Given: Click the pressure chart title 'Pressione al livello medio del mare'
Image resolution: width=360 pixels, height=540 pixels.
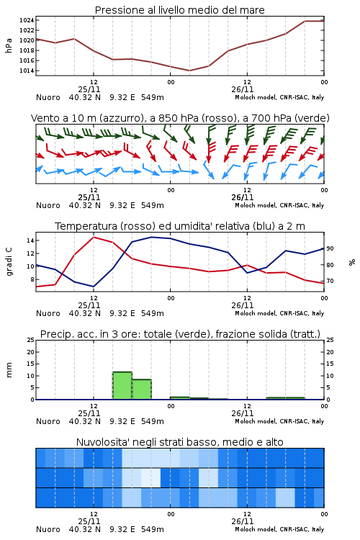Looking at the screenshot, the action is pos(179,10).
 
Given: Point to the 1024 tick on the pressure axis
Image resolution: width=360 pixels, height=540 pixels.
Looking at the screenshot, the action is pos(27,20).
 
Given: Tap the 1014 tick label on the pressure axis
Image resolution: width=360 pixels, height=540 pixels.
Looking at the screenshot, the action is pos(27,71).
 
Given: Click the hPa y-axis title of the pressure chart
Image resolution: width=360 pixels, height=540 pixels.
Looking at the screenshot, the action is pos(9,45).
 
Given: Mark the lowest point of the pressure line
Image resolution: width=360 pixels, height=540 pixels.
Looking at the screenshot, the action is pos(189,71).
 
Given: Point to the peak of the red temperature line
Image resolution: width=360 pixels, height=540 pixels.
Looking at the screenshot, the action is pos(94,237).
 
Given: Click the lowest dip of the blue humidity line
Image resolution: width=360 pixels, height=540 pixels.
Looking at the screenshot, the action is pos(94,287).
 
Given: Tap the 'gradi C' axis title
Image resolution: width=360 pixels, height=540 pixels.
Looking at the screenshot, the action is pos(9,261).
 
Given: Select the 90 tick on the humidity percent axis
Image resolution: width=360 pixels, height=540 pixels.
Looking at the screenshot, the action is pos(330,248).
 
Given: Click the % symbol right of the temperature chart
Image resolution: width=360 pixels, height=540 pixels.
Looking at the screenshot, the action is pos(352,262).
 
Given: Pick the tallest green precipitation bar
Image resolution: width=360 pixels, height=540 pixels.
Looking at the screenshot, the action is pos(122,386).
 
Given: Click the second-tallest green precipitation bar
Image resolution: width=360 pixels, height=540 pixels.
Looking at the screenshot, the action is pos(142,390).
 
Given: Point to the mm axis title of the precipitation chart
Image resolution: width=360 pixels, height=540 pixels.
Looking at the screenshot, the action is pos(9,369).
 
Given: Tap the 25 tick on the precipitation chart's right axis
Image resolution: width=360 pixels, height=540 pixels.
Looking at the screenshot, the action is pos(330,340).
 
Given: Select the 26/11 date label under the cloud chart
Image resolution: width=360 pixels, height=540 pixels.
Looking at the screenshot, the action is pos(243,521).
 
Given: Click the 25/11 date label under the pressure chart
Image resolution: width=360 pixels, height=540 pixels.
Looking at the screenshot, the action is pos(89,89).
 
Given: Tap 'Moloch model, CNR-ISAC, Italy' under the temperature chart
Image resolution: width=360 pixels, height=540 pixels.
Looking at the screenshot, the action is pos(279,313).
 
